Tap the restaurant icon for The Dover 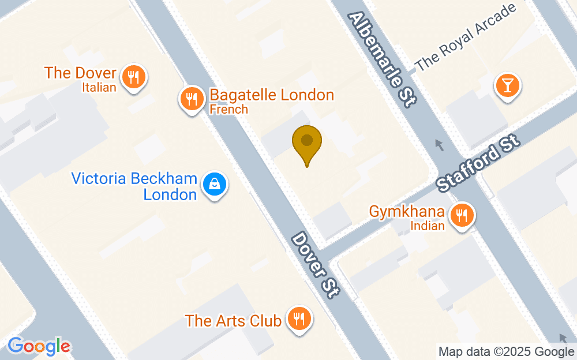[133, 76]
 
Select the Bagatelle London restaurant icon [191, 99]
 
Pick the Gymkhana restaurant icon [461, 216]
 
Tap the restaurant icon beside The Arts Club [298, 318]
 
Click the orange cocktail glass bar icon [507, 87]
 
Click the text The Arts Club [233, 321]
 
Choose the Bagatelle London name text [272, 95]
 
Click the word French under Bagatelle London [228, 109]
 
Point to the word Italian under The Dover [99, 88]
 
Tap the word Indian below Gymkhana [428, 226]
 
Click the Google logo [39, 346]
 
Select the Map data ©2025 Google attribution [505, 351]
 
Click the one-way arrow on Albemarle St [440, 145]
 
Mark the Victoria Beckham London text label [134, 186]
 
